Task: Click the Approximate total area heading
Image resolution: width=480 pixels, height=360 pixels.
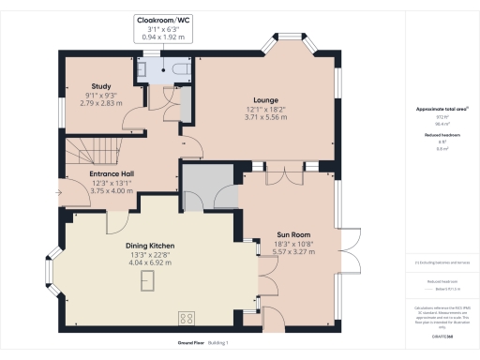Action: [442, 109]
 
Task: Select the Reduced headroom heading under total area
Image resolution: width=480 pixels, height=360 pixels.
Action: [442, 134]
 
